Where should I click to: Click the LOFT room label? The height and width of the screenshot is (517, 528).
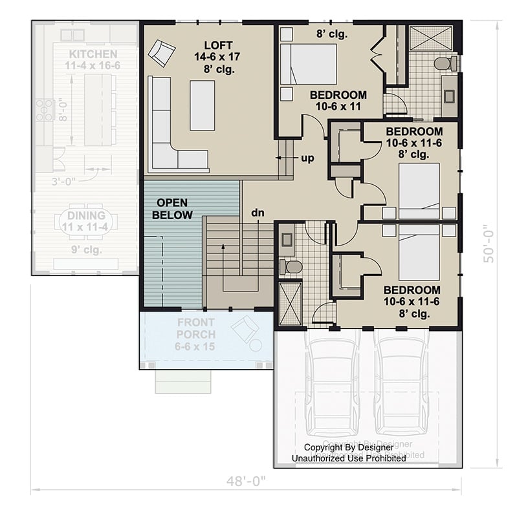pos(214,45)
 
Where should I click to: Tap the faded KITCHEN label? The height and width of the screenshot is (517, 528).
pos(93,54)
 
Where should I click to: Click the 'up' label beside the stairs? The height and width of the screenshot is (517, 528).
pos(307,158)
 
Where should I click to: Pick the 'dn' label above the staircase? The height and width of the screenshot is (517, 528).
pos(258,212)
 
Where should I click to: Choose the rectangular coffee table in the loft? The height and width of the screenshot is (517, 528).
pos(202,105)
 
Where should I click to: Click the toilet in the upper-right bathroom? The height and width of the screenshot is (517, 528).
pos(445,63)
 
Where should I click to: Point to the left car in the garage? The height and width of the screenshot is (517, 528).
pos(331,388)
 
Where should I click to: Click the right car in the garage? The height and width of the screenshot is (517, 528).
pos(401,388)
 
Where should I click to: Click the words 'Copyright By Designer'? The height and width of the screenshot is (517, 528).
pos(348,447)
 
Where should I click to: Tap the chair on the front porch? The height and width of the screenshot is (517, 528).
pos(244,328)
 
